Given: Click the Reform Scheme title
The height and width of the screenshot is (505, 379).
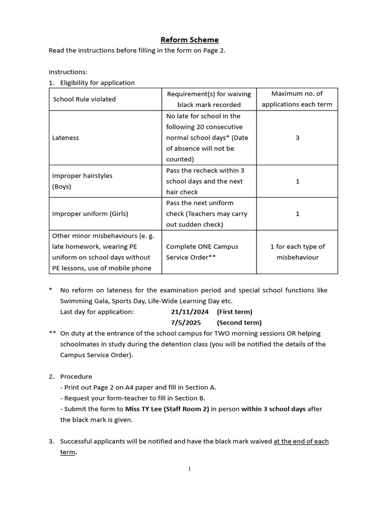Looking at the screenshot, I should coord(189,39).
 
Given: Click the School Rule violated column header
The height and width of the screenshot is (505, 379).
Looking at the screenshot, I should coord(84,99).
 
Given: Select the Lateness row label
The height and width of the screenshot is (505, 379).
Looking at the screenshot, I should coord(66,138).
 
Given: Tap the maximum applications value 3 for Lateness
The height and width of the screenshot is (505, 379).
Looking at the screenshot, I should coord(297,138).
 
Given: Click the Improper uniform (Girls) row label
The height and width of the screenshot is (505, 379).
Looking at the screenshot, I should coord(90,214).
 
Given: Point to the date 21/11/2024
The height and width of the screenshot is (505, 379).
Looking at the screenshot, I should coord(189,312).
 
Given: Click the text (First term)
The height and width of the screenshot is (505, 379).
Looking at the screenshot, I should coord(234,312).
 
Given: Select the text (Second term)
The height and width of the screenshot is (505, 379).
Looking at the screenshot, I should coord(239,323).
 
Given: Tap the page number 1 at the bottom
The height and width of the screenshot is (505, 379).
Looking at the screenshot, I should coord(189,469).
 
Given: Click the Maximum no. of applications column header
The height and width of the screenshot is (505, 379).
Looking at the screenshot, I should coord(297,99).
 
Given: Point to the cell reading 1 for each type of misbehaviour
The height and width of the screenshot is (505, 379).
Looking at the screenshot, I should coord(297,252).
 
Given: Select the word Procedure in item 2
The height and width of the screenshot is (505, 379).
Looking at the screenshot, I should coord(76,376).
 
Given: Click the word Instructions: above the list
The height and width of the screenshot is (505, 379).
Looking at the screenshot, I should coord(68,72).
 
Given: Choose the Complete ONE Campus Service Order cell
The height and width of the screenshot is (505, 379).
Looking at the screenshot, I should coord(196,252).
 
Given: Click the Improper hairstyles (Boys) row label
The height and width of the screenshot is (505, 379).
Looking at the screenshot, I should coord(76,181).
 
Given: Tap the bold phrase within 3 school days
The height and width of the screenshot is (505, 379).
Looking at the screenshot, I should coord(273,409).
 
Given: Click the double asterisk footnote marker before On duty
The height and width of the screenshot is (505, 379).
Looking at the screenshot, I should coord(52,333).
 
